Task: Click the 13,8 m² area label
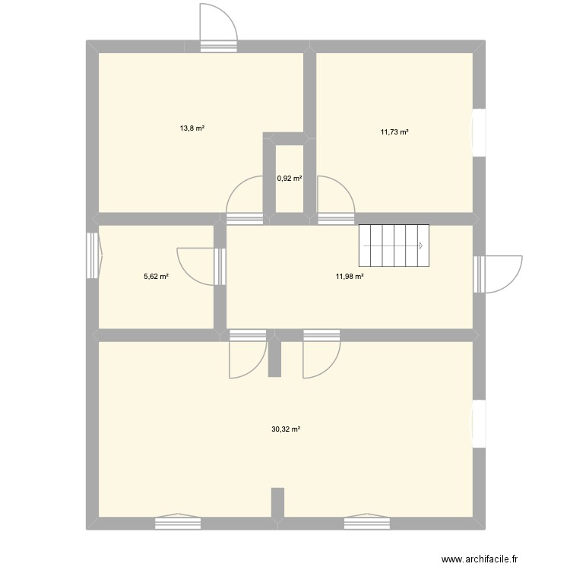[192, 128]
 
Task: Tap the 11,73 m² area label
[394, 132]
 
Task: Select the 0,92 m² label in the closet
[290, 179]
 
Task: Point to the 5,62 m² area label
[156, 277]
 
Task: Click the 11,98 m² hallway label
[350, 277]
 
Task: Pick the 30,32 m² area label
[286, 429]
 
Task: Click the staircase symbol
[394, 245]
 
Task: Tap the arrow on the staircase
[420, 245]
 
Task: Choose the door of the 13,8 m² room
[247, 199]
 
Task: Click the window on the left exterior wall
[93, 255]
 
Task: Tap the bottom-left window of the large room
[178, 522]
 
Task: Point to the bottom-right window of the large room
[366, 522]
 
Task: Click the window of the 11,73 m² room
[479, 133]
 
